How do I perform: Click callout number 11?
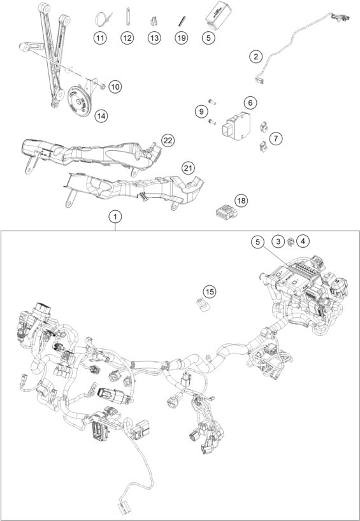coord(100,38)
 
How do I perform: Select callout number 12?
coord(127,38)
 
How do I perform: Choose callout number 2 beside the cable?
coord(256,57)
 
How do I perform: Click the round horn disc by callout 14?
coord(80,99)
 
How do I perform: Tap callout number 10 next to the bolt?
coord(114,85)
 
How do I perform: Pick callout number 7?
coord(275,138)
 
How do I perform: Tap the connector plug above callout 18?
coord(224,210)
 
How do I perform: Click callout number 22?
coord(168,139)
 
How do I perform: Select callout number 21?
coord(187,168)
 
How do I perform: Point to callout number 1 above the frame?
coord(115,218)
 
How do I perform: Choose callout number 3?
coord(278,241)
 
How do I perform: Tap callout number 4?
coord(303,241)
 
